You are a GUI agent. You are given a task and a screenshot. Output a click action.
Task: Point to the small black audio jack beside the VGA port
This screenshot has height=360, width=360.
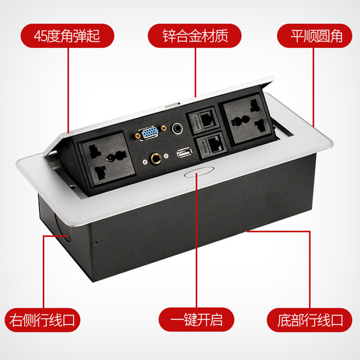pyautogui.click(x=178, y=129)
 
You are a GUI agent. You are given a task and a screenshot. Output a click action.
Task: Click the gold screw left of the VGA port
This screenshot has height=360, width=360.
pyautogui.click(x=137, y=136)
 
